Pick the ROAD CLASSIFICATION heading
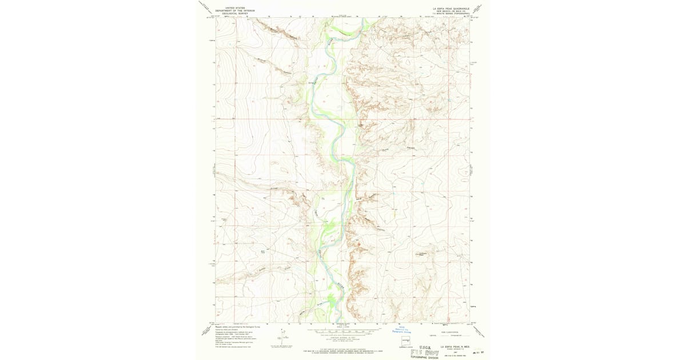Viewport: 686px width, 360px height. point(444,329)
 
